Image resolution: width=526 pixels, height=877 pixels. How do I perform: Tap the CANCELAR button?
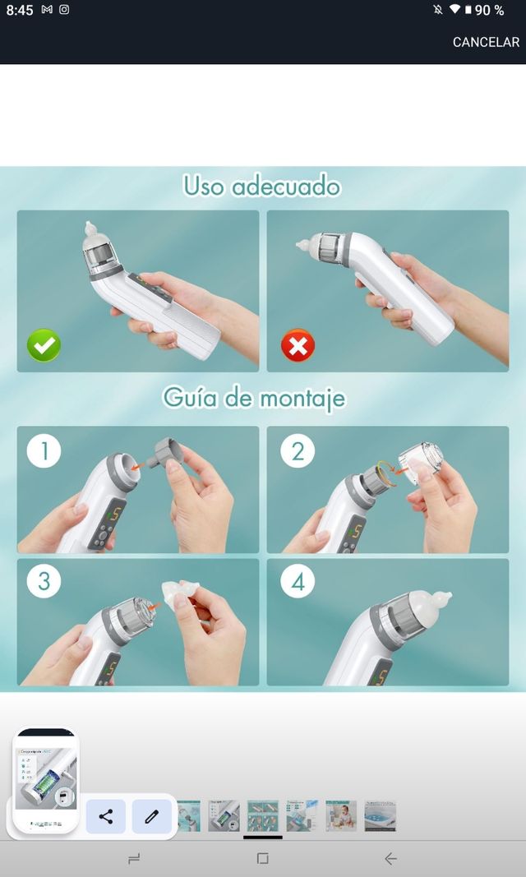[x=486, y=42]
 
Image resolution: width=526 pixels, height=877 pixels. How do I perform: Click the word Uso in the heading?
[x=203, y=186]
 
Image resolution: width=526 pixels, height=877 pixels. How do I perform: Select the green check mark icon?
[x=44, y=346]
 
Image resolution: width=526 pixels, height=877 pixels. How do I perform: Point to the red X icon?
[x=298, y=346]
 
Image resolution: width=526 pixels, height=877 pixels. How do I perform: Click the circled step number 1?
[x=44, y=451]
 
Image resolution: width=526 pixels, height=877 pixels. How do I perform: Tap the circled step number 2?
[x=298, y=451]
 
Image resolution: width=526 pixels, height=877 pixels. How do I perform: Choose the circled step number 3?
[x=44, y=582]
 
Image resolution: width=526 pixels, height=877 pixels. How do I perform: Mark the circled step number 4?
[x=298, y=582]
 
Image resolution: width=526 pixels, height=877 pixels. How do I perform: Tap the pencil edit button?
[x=152, y=816]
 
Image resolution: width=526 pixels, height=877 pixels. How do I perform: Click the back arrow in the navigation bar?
[x=390, y=859]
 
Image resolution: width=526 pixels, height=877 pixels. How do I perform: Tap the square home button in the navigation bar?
[x=262, y=859]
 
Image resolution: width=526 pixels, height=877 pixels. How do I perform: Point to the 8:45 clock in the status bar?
[x=20, y=10]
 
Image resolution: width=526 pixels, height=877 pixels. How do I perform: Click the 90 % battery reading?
[x=490, y=10]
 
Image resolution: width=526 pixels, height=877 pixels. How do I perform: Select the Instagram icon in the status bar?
[x=64, y=10]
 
